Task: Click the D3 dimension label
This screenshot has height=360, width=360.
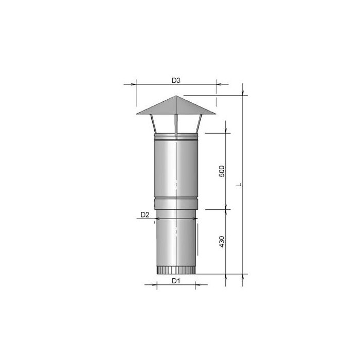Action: (x=175, y=80)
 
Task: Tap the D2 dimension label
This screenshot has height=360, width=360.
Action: (x=145, y=215)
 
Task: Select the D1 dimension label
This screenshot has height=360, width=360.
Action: (x=175, y=281)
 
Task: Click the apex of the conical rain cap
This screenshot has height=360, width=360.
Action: (x=175, y=96)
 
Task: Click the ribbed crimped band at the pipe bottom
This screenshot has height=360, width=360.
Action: (x=175, y=271)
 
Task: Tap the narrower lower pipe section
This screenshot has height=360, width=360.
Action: (x=175, y=239)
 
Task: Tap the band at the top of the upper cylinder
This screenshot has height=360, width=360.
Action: (x=175, y=137)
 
